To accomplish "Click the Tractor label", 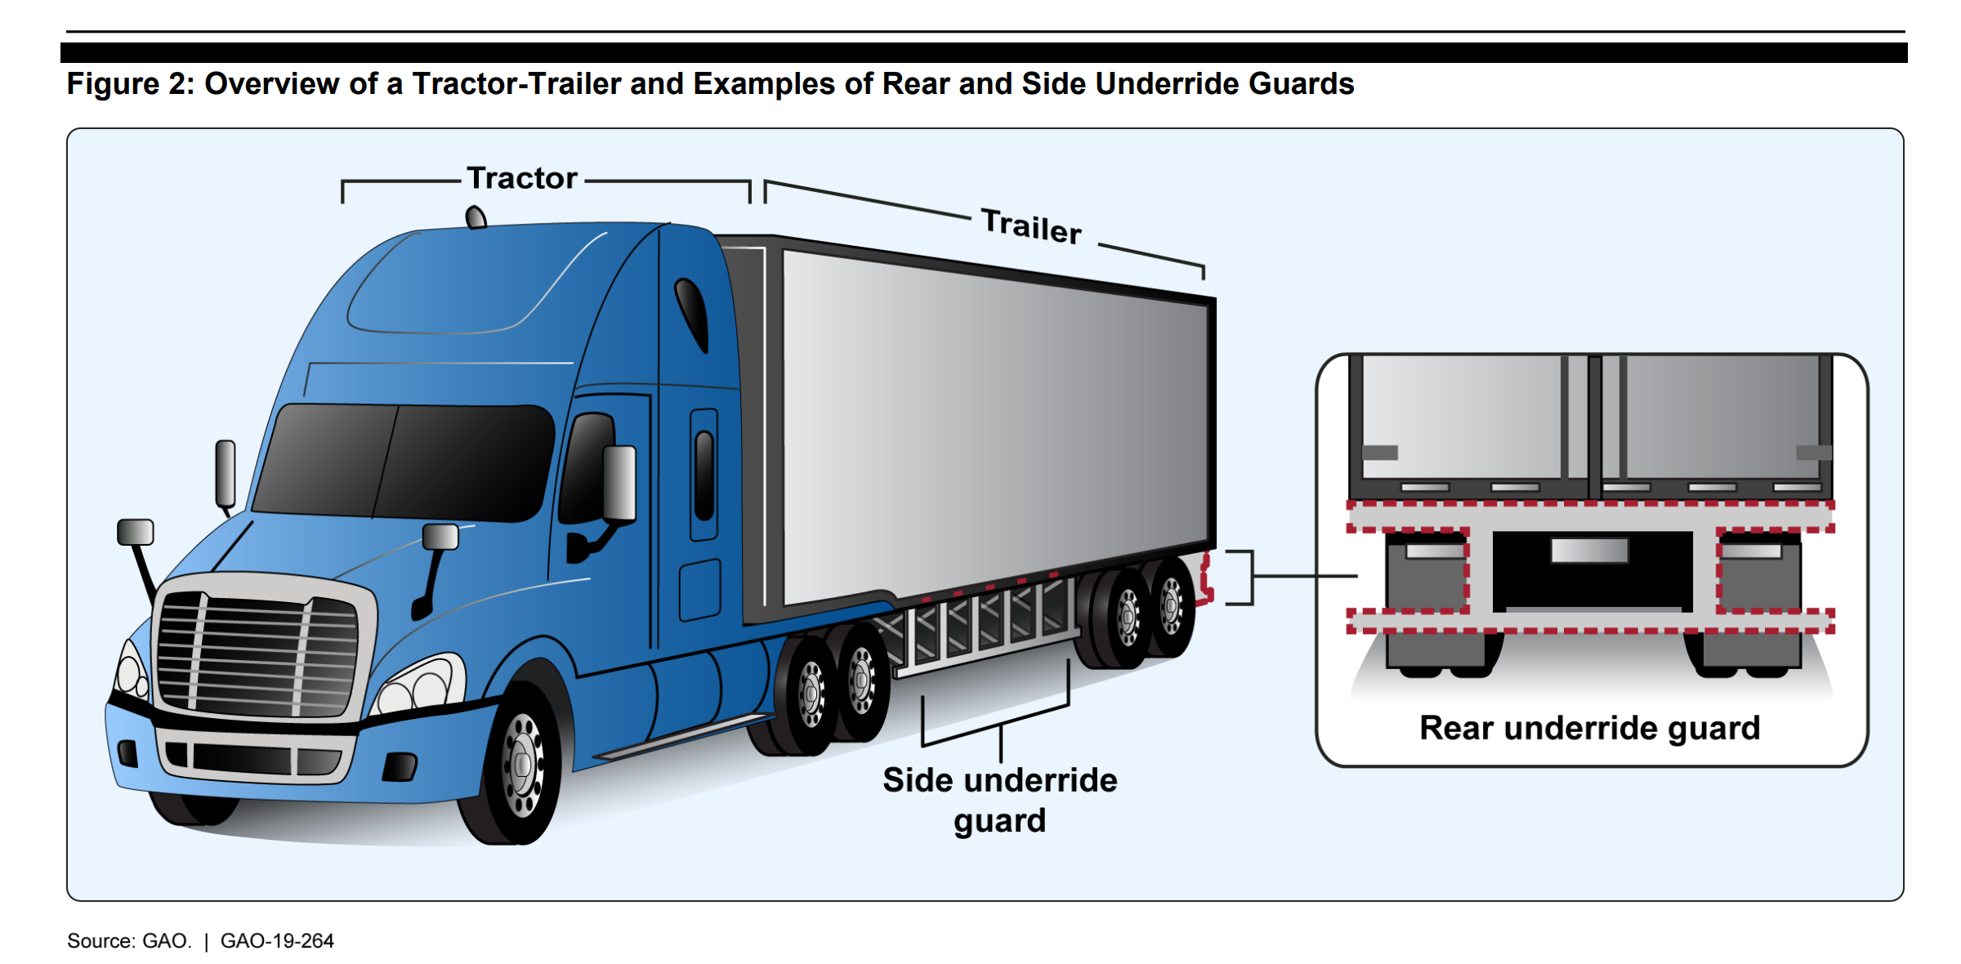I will pos(522,178).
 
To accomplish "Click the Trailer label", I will pos(1031,225).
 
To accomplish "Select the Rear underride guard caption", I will pos(1589,728).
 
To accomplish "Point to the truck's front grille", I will pos(257,654).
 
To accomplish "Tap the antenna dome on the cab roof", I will pos(476,217).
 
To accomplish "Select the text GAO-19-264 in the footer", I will pos(277,941).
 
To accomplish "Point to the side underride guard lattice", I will pos(981,621).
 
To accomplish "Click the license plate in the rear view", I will pos(1589,550).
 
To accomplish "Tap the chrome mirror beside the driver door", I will pos(619,483).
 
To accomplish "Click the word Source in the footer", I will pos(100,941).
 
